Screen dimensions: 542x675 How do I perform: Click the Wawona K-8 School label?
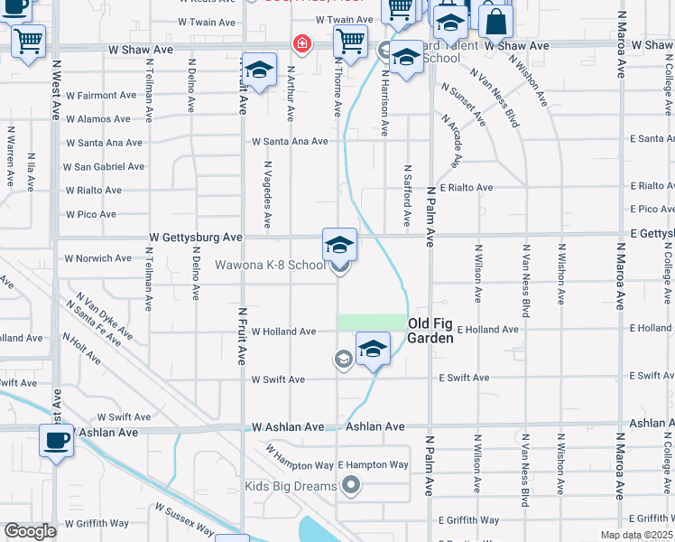269,266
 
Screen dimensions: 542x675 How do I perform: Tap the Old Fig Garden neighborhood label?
430,330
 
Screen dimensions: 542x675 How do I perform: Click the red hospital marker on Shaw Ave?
301,43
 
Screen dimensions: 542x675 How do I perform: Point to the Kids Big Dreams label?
291,487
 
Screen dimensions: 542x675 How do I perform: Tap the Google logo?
30,531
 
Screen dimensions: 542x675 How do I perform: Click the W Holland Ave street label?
283,332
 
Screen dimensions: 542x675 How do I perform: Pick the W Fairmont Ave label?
99,95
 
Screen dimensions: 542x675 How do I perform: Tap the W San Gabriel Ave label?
104,167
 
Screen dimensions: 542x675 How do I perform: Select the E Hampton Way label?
374,465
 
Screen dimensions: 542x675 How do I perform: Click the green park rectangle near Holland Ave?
372,322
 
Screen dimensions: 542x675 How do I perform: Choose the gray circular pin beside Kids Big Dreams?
351,487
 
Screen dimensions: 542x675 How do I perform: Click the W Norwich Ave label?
97,258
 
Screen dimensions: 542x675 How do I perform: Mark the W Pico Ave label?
91,215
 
